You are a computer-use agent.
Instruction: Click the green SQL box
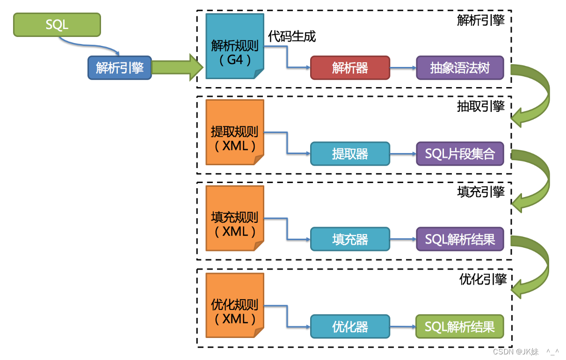(x=57, y=25)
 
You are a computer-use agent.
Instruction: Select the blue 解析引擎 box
(x=120, y=68)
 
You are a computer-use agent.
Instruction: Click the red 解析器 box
(x=350, y=68)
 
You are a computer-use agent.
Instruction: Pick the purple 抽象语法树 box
(x=460, y=68)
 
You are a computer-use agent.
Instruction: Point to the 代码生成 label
(x=292, y=37)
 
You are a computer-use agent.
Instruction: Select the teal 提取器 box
(x=350, y=154)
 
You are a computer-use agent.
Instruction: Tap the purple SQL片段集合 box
(x=460, y=154)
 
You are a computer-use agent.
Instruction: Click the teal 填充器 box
(x=350, y=240)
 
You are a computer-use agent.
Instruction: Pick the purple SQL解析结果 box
(x=460, y=240)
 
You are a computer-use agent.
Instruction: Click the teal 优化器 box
(x=350, y=326)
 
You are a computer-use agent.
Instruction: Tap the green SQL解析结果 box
(x=460, y=326)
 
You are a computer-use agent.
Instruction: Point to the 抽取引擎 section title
(x=481, y=107)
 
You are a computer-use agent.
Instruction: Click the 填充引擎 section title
(x=481, y=192)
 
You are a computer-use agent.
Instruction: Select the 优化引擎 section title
(x=483, y=279)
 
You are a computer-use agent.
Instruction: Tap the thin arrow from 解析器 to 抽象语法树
(x=403, y=68)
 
